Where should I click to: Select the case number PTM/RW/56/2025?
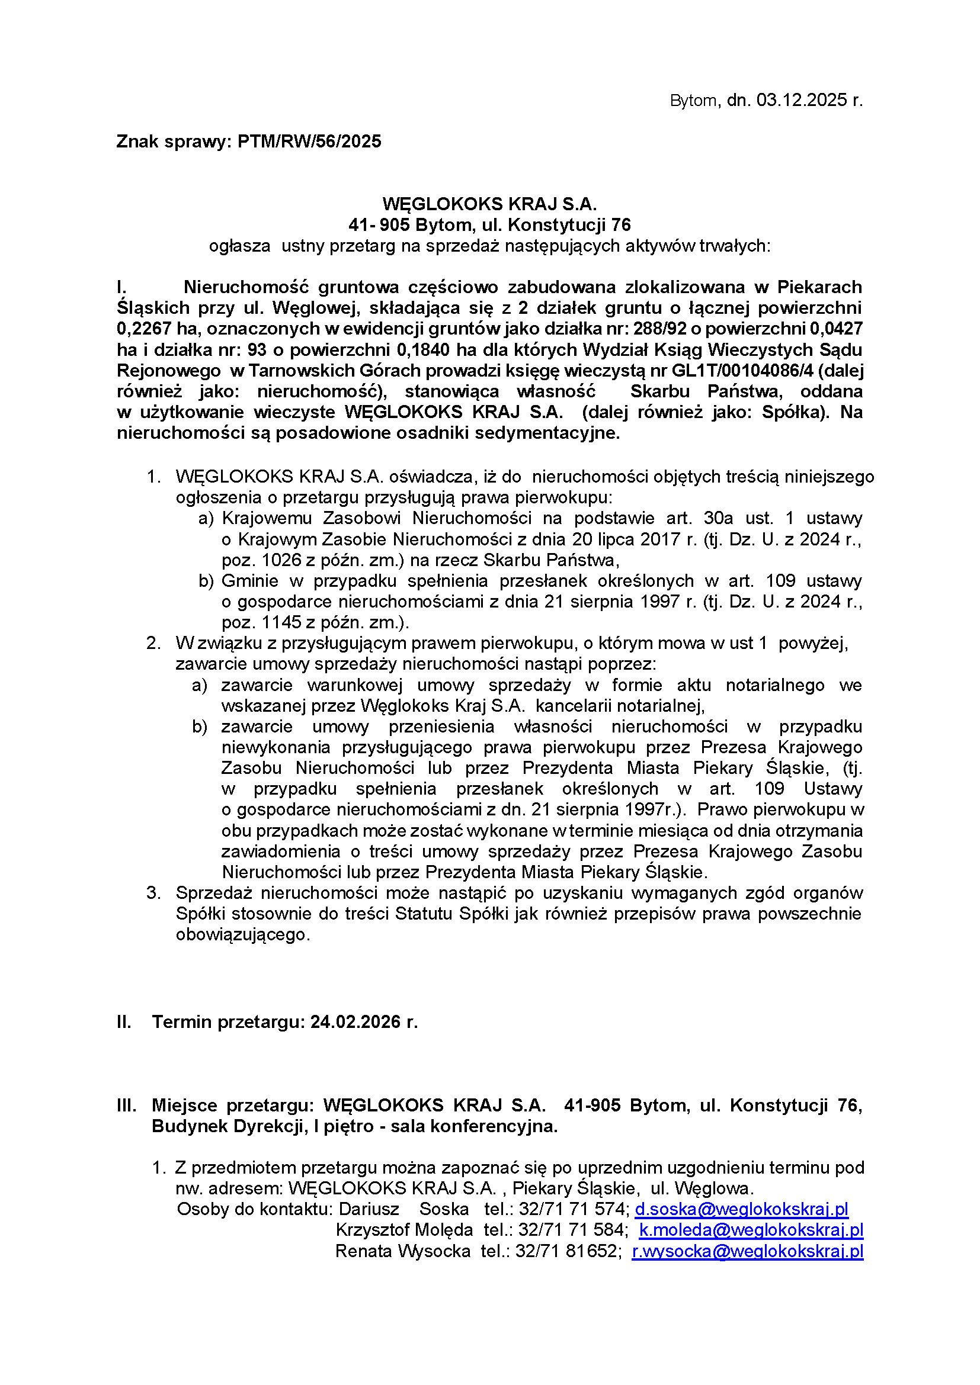coord(309,142)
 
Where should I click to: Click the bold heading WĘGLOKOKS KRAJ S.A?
coord(489,204)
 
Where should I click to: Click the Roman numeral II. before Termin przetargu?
coord(124,1022)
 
